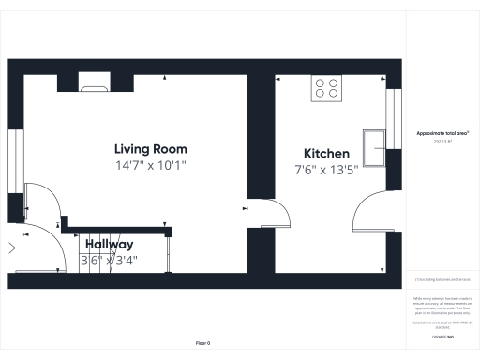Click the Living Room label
(x=150, y=149)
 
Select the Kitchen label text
(x=326, y=154)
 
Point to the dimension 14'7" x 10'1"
(x=150, y=166)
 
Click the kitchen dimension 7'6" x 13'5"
(x=326, y=171)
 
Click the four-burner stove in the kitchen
(x=326, y=88)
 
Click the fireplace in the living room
(x=94, y=88)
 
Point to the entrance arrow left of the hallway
(x=9, y=248)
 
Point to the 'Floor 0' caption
(x=202, y=343)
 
